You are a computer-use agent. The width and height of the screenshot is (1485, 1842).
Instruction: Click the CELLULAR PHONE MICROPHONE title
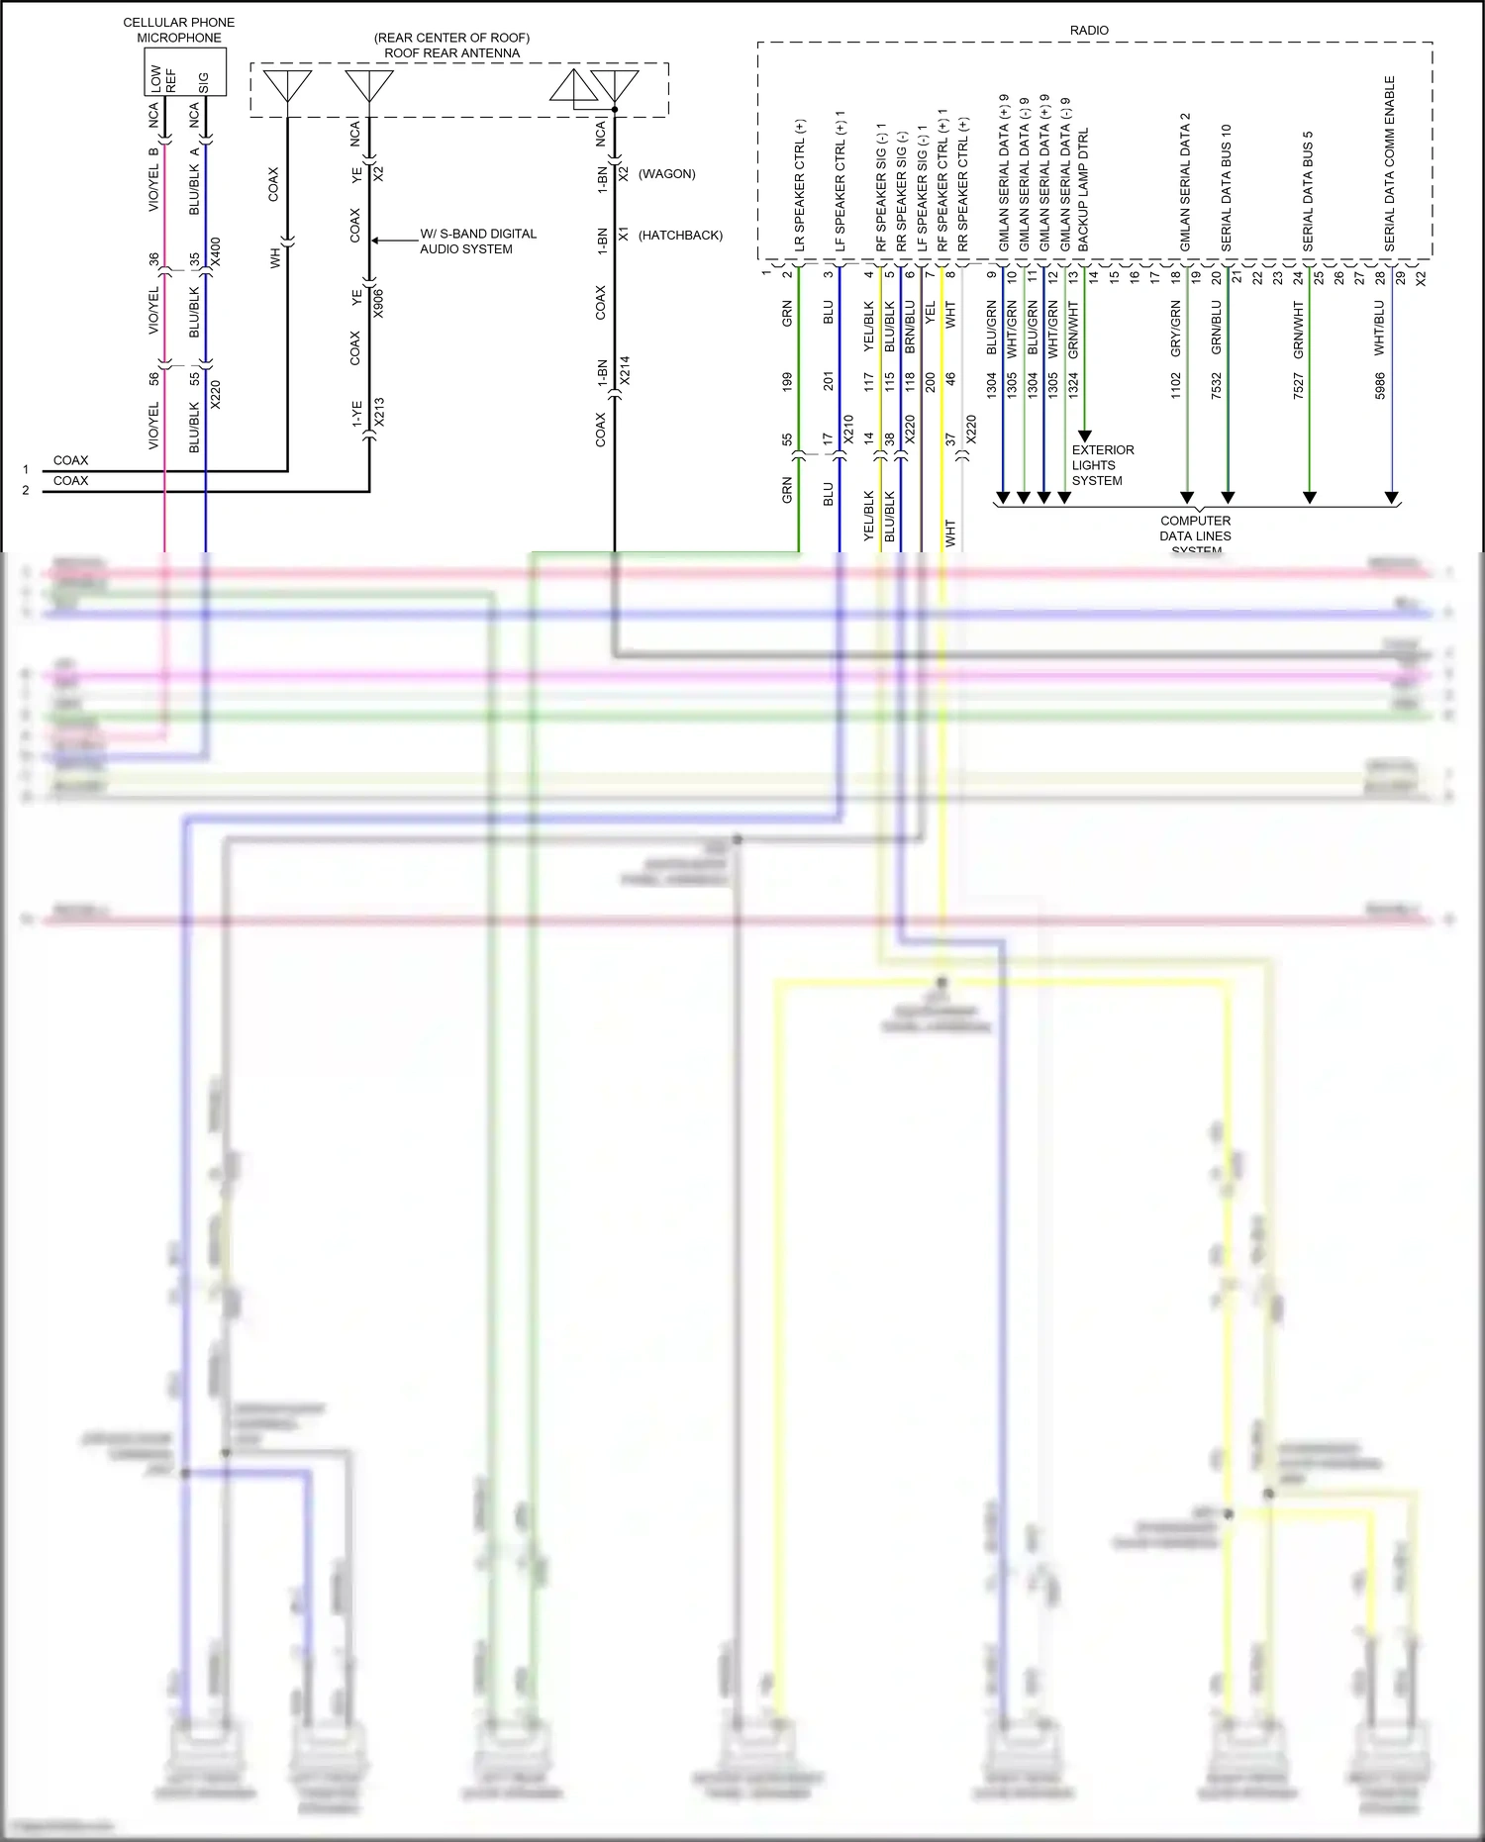coord(179,30)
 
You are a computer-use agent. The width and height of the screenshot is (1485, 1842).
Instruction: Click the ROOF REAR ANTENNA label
coord(451,52)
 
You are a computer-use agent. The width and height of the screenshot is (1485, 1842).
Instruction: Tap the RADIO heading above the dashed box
coord(1089,31)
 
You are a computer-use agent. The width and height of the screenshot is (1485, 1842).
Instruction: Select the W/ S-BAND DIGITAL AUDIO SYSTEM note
coord(478,242)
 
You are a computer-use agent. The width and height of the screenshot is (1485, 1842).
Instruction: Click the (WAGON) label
coord(666,174)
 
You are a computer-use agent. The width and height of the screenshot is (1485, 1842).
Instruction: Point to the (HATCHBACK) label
coord(680,236)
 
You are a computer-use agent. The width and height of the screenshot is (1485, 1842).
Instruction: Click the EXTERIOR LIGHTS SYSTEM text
coord(1103,465)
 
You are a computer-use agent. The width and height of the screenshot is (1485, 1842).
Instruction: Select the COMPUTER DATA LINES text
coord(1195,529)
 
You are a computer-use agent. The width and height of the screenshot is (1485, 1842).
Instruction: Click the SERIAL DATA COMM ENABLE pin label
coord(1390,163)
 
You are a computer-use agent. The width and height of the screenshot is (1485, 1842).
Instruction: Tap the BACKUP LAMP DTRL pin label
coord(1083,188)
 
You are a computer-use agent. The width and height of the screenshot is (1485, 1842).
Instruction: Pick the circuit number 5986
coord(1380,386)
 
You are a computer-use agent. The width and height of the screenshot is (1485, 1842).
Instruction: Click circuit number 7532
coord(1217,386)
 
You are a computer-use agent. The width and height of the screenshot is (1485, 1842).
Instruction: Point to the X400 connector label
coord(216,252)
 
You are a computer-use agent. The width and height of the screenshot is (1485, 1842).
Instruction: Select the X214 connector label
coord(624,371)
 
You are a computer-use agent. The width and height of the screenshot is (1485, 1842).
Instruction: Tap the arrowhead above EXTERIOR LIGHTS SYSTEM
coord(1084,436)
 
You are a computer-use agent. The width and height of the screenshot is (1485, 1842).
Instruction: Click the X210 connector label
coord(847,429)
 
